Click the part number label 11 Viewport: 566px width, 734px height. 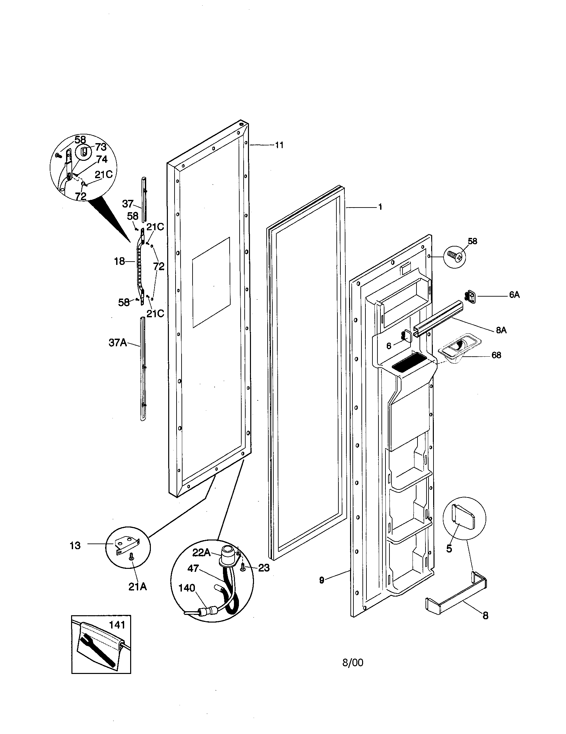coord(279,145)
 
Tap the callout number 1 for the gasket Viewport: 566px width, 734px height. coord(380,207)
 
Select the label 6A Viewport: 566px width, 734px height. coord(514,295)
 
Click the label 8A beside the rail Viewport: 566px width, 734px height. coord(501,330)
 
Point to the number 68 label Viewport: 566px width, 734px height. coord(496,355)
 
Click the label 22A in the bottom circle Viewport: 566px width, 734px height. coord(201,553)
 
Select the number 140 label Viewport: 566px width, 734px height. coord(187,588)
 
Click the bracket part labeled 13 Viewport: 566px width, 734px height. coord(127,545)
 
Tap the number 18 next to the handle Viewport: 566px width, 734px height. coord(119,261)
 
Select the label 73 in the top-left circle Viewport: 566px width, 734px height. coord(100,147)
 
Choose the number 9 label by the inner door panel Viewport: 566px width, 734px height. coord(322,580)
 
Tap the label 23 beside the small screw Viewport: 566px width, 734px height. coord(264,568)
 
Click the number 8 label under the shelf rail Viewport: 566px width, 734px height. coord(485,616)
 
